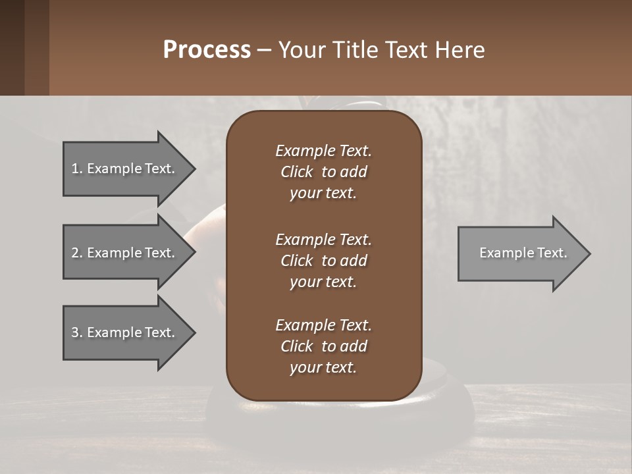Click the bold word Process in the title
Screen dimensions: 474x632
pos(207,49)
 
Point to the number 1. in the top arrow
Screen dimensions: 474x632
pos(77,169)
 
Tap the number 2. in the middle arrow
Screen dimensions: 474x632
pos(77,253)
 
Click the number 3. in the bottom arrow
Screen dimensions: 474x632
pos(77,332)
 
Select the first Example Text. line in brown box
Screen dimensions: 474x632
pos(323,151)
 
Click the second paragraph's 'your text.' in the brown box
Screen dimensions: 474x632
pos(323,282)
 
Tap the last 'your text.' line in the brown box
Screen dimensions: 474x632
pos(323,367)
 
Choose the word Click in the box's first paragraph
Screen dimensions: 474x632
pos(297,172)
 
